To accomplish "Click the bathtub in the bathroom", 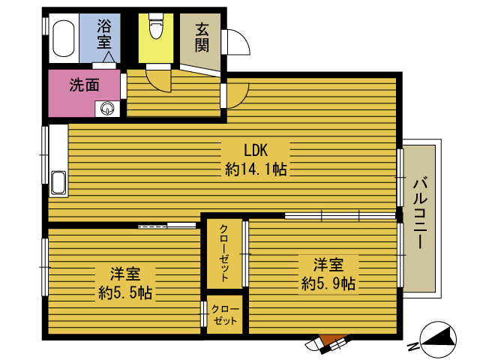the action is point(64,38).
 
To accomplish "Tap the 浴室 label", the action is point(104,34).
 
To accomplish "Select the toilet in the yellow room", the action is point(156,26).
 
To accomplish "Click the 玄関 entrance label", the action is point(202,37).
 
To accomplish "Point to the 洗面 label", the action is point(85,85).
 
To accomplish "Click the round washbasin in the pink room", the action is point(107,108).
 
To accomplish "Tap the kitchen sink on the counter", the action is point(58,183).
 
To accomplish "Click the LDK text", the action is point(256,150).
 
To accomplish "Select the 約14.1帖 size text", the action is point(256,169).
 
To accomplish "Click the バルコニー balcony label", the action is point(420,214).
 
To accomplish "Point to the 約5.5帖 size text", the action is point(125,292).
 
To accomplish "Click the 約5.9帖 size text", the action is point(328,283).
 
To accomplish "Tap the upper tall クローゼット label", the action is point(224,253).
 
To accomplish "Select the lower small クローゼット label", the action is point(225,315).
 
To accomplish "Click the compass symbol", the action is point(438,339).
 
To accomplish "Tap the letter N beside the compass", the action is point(413,346).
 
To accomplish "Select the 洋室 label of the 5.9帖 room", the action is point(328,265).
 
